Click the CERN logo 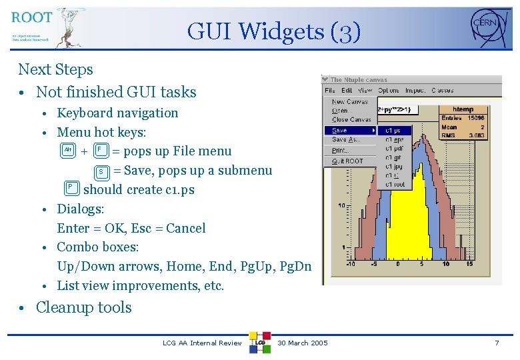click(489, 27)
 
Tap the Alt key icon click(67, 151)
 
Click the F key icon click(101, 151)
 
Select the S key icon click(101, 171)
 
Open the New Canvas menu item click(350, 102)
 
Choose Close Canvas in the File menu click(351, 120)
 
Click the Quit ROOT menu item click(347, 161)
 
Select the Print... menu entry click(341, 151)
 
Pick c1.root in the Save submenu click(395, 184)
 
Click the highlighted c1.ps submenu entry click(394, 131)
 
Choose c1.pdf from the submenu click(395, 149)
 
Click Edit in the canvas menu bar click(347, 91)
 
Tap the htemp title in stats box click(463, 109)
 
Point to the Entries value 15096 click(476, 118)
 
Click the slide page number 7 click(496, 343)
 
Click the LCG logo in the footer click(260, 342)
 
